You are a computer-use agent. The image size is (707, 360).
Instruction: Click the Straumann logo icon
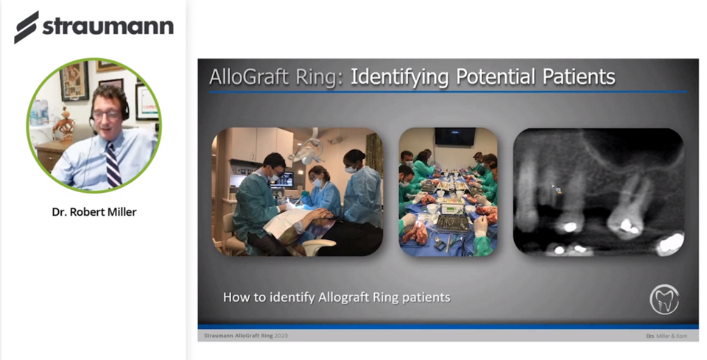pyautogui.click(x=27, y=27)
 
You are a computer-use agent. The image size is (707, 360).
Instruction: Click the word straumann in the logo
pyautogui.click(x=108, y=27)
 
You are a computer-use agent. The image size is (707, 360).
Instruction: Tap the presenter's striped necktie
pyautogui.click(x=112, y=164)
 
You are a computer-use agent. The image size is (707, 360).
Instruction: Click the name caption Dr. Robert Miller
pyautogui.click(x=94, y=213)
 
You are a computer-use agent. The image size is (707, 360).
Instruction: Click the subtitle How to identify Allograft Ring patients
pyautogui.click(x=337, y=297)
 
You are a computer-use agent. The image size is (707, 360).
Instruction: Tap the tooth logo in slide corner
pyautogui.click(x=664, y=300)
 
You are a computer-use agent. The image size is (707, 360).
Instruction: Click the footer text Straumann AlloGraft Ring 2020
pyautogui.click(x=246, y=336)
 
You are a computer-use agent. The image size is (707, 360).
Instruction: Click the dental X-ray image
pyautogui.click(x=598, y=192)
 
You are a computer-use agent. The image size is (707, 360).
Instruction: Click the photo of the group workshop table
pyautogui.click(x=448, y=192)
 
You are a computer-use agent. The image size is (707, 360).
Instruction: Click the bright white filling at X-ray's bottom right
pyautogui.click(x=670, y=243)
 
